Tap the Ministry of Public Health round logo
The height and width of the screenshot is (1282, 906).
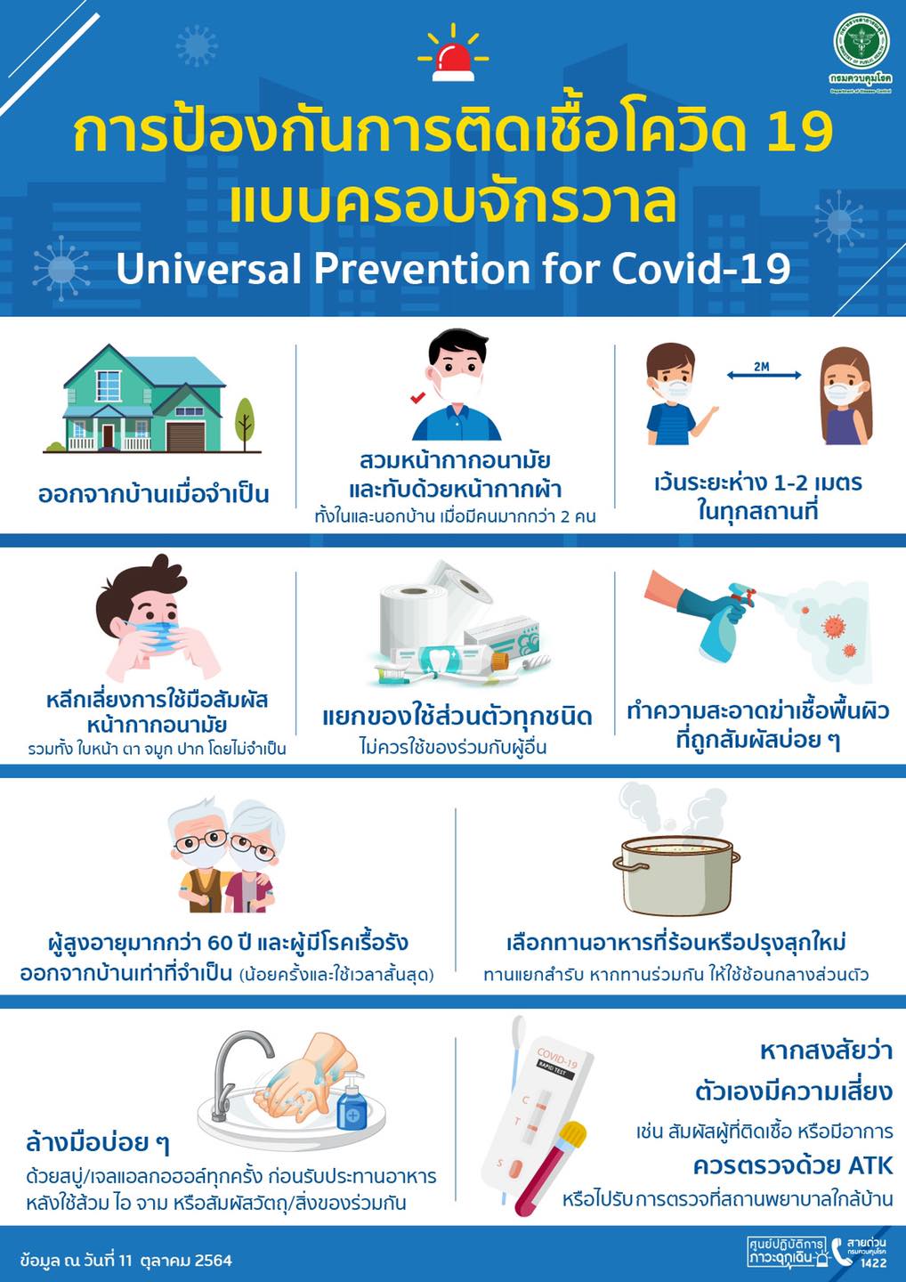tap(861, 41)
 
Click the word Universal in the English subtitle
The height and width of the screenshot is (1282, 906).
tap(208, 268)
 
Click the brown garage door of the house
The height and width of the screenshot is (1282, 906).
tap(185, 437)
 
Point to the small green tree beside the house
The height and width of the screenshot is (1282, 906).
tap(244, 424)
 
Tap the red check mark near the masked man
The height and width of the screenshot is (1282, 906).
tap(417, 397)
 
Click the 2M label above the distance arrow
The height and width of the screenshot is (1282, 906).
tap(762, 367)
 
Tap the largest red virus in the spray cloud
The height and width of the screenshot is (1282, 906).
tap(833, 626)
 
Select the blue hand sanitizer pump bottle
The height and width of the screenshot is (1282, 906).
tap(352, 1099)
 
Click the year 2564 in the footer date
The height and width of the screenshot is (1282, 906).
tap(214, 1261)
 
